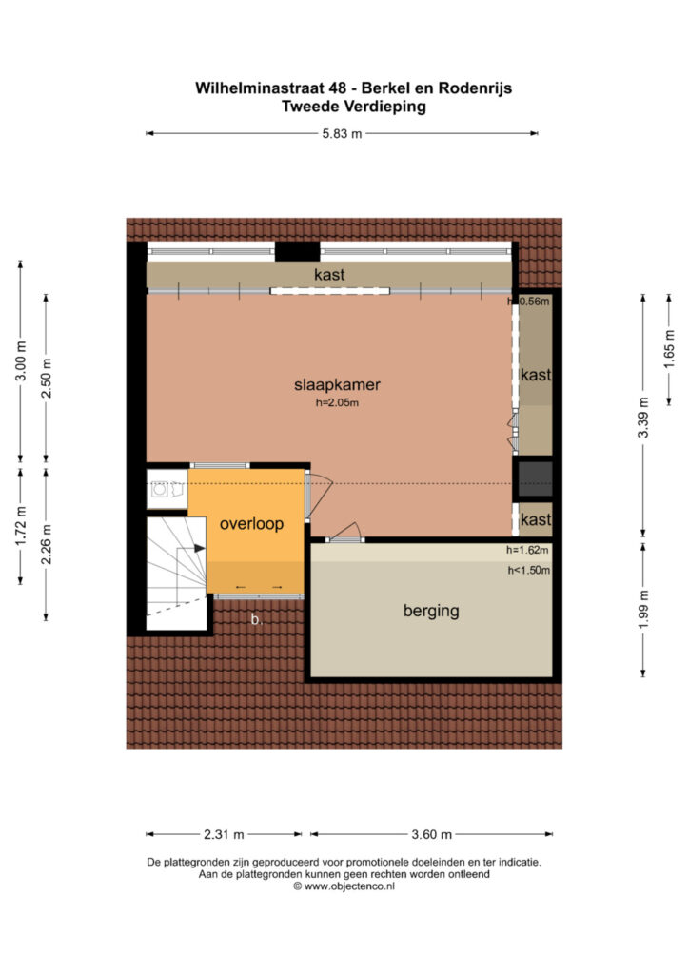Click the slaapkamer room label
point(337,384)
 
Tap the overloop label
point(251,524)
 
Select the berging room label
point(431,611)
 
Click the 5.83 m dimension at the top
point(342,133)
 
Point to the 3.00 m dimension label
point(21,361)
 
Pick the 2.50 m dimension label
point(46,379)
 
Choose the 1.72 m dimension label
point(21,526)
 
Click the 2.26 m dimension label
point(46,544)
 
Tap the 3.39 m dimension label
point(643,417)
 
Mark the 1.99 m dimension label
point(643,609)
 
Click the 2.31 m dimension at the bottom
point(224,834)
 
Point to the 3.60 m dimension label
point(431,834)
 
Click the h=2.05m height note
point(337,402)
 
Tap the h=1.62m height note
point(527,550)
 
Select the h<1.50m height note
point(529,571)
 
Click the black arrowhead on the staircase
point(200,549)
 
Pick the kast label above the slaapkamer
point(329,275)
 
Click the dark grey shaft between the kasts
point(535,479)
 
